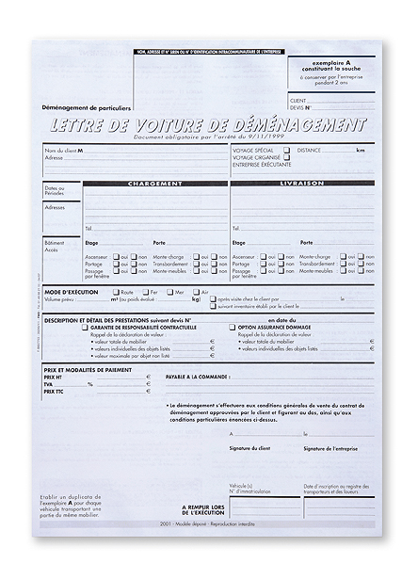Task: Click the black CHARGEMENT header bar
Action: pos(154,184)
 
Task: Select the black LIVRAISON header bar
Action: pos(301,184)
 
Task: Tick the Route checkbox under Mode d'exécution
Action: pos(116,293)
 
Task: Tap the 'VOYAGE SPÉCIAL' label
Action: pos(253,150)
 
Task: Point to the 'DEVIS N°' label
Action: pos(300,107)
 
